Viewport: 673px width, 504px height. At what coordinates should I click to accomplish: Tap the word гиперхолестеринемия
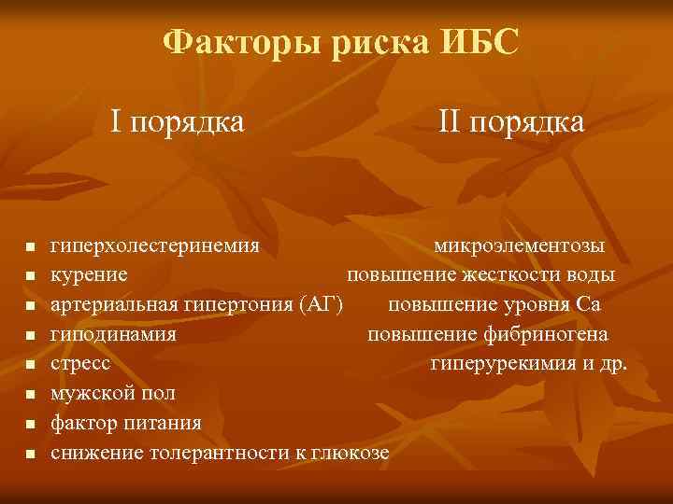154,246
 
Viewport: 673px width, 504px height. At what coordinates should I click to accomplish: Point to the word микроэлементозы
519,246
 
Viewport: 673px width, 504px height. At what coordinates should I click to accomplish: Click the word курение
90,275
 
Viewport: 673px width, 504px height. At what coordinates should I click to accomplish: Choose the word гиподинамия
113,334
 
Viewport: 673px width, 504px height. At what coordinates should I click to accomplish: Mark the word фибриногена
554,334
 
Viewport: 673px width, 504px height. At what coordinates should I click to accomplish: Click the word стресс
80,364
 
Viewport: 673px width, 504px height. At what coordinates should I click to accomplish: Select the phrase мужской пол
112,394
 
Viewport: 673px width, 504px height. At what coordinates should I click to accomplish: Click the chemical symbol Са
589,304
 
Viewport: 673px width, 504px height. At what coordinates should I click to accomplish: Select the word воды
594,275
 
